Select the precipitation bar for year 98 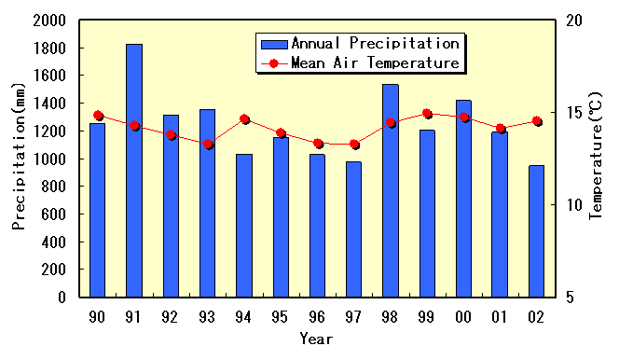390,190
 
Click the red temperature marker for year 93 208,145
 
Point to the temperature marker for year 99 427,114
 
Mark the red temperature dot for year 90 98,116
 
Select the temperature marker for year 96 318,144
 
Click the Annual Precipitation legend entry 359,44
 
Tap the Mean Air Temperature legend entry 359,63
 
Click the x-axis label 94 243,317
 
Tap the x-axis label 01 500,317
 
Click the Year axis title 316,339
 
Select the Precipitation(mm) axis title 19,159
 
